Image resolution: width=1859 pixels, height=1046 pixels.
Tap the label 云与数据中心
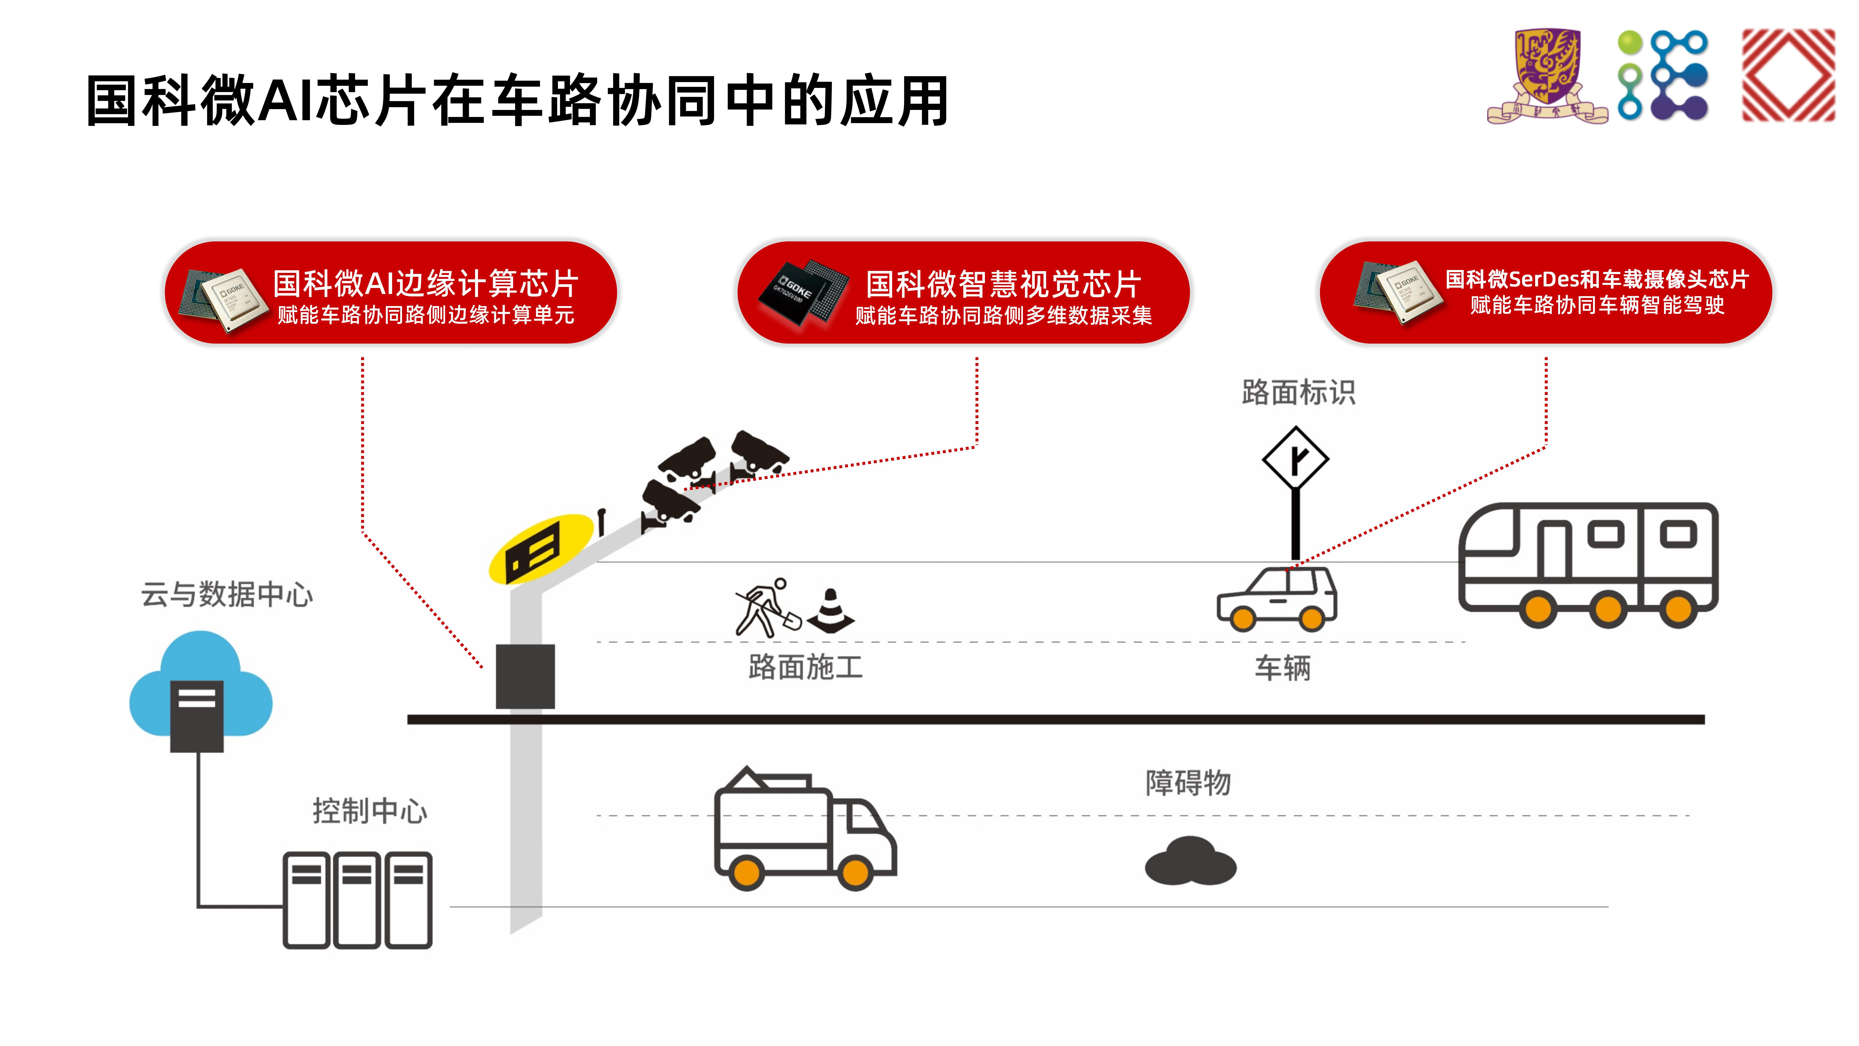pos(227,595)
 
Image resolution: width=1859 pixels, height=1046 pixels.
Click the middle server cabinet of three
pos(357,900)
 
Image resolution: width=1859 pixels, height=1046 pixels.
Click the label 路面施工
pos(805,667)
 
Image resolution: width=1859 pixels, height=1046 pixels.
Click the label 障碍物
pos(1188,783)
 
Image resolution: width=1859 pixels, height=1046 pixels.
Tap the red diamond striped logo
pos(1788,75)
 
